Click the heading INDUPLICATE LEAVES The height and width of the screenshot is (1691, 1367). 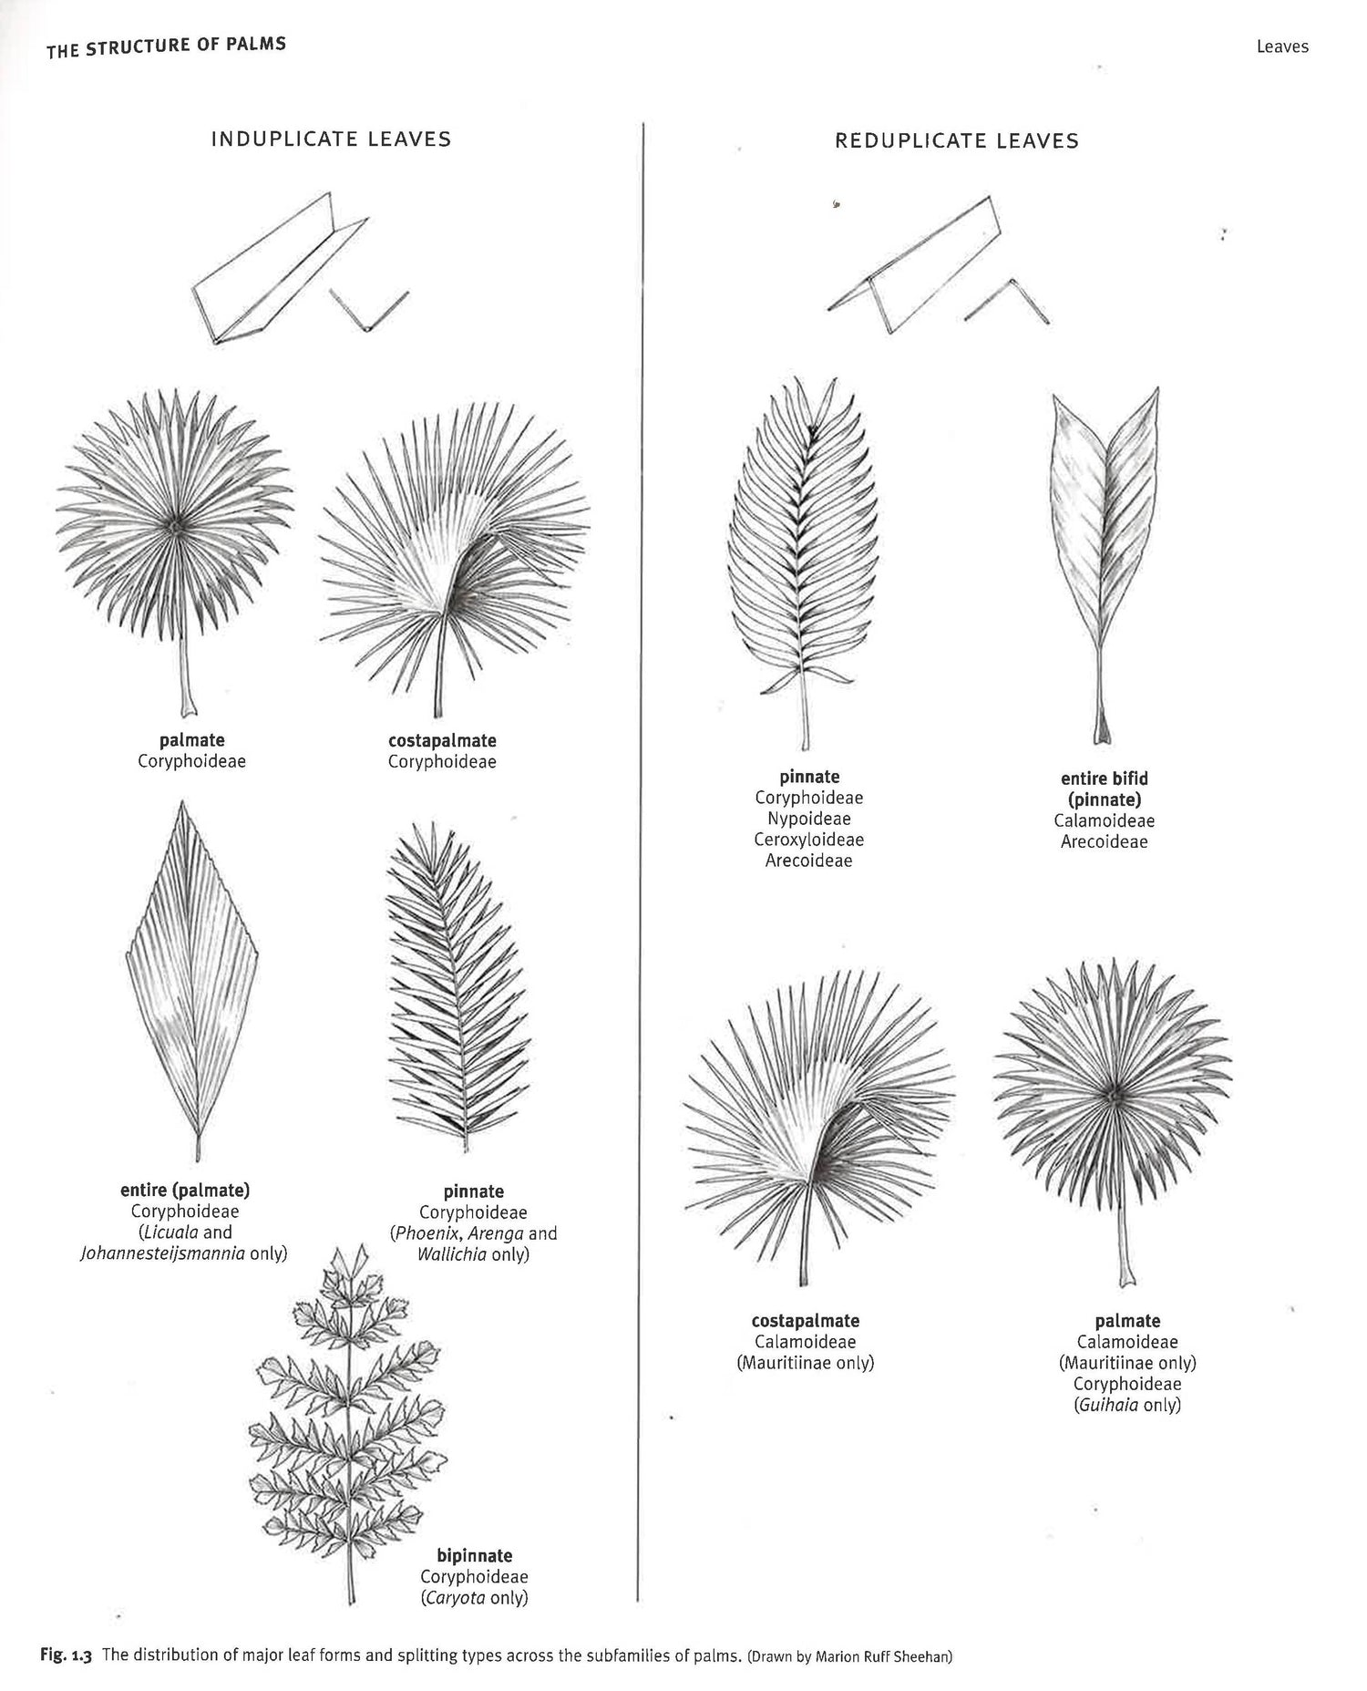coord(331,139)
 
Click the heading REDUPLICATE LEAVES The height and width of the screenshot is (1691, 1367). coord(957,140)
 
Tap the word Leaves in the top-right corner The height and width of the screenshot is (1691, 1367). coord(1282,46)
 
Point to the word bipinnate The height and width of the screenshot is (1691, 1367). coord(474,1555)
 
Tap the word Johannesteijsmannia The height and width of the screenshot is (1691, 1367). coord(164,1253)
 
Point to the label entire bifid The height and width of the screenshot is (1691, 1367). coord(1105,778)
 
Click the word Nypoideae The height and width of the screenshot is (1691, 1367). coord(809,819)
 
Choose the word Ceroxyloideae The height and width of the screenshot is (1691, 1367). coord(809,840)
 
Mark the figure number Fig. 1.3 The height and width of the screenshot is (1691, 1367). coord(67,1655)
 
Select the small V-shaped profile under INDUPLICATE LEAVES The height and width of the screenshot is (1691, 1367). coord(367,311)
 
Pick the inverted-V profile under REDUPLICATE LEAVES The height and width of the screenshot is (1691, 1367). coord(1006,301)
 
